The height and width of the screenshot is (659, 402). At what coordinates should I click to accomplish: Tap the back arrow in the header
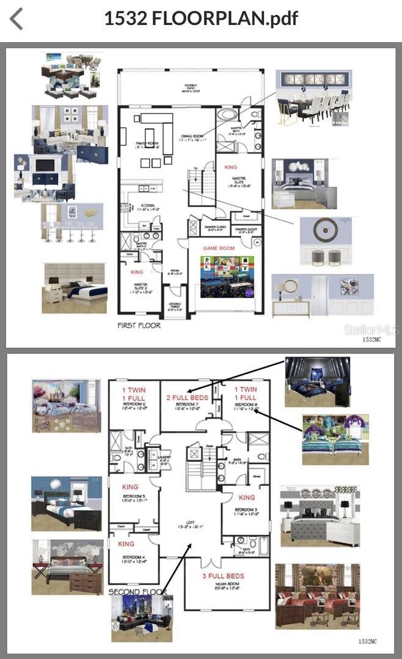coord(16,18)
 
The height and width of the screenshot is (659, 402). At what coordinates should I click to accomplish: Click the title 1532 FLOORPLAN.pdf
coord(201,18)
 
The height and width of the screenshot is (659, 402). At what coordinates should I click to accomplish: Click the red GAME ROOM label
coord(219,248)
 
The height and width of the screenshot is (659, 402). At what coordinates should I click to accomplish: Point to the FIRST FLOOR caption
coord(139,325)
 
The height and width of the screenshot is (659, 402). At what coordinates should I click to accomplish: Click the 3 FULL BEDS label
coord(223,576)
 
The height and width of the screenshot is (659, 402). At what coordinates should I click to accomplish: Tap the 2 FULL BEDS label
coord(188,397)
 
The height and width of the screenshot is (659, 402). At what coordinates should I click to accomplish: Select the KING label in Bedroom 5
coord(131,487)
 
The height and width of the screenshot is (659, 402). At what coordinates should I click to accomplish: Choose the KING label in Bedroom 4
coord(126,544)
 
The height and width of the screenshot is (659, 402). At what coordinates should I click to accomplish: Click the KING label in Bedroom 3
coord(247,497)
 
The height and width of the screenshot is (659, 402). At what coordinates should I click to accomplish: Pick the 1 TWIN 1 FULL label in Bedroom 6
coord(134,394)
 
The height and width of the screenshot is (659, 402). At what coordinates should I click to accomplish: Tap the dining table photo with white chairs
coord(313,98)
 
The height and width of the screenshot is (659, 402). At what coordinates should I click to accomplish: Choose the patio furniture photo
coord(71,75)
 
